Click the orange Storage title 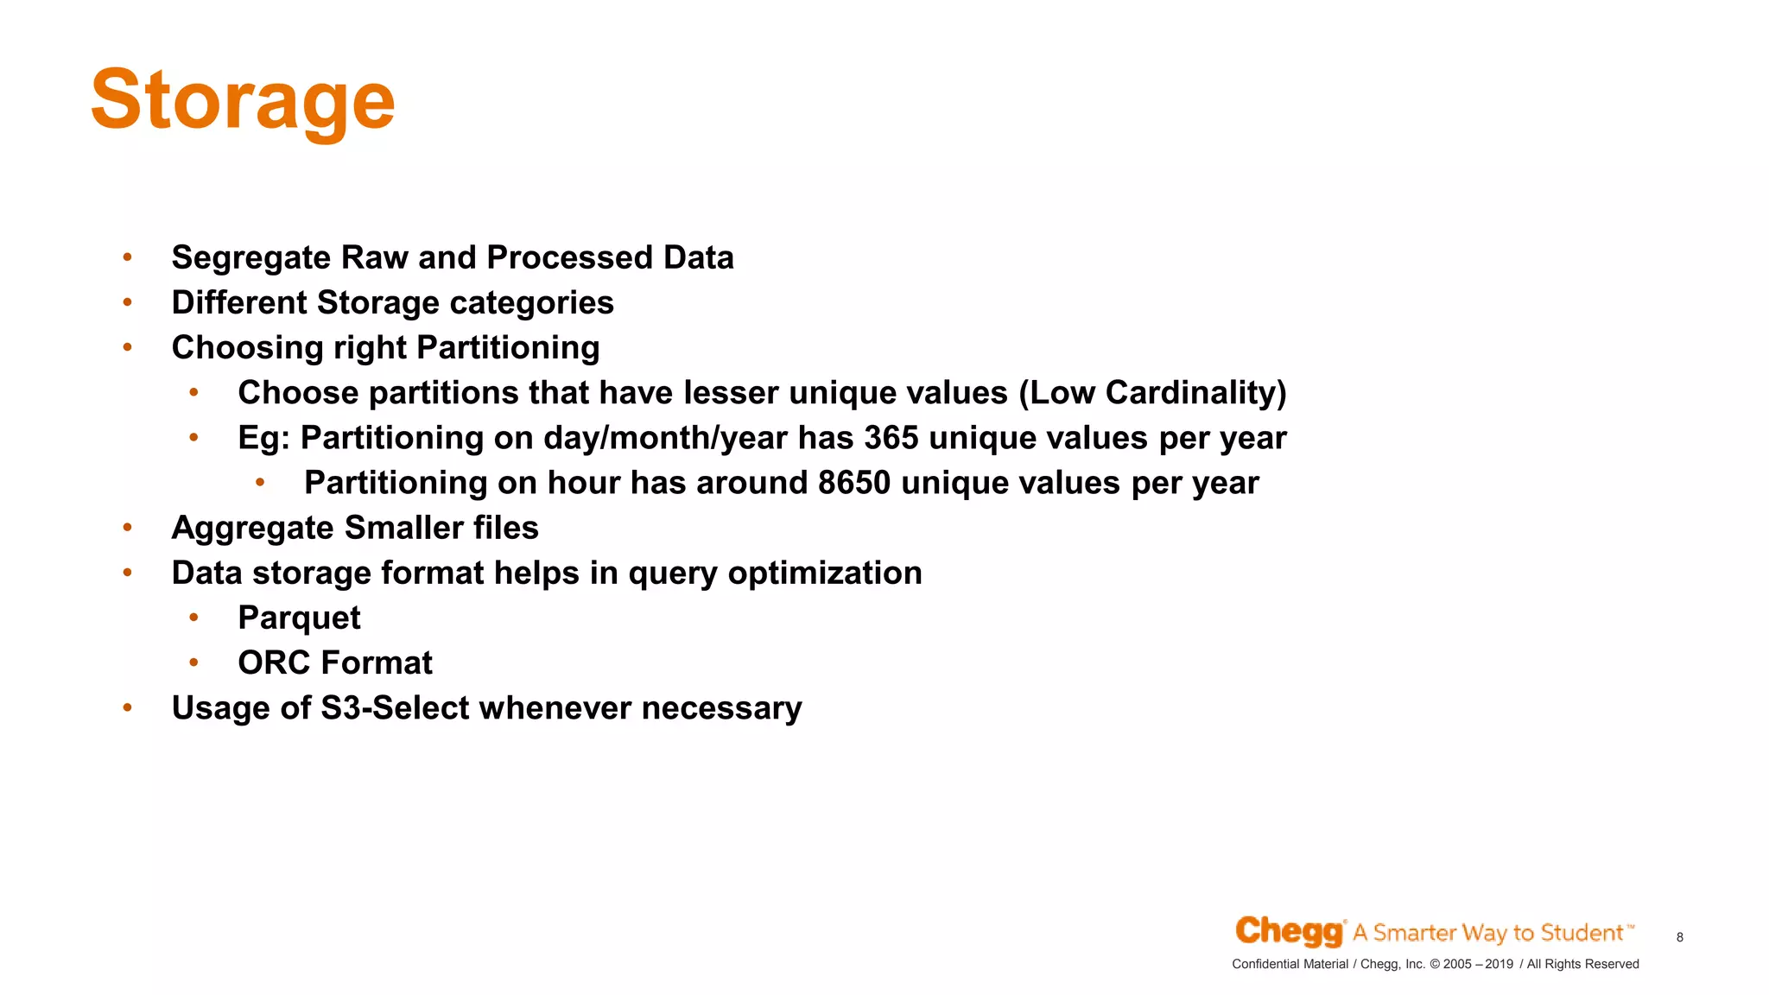(x=243, y=101)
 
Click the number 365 (x=891, y=438)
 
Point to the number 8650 (x=853, y=483)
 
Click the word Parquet (x=299, y=618)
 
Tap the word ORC (x=274, y=663)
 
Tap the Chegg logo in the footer (x=1289, y=931)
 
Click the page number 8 (x=1679, y=937)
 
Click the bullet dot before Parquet (x=194, y=618)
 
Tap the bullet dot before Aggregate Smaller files (x=128, y=527)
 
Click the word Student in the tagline (x=1582, y=933)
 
